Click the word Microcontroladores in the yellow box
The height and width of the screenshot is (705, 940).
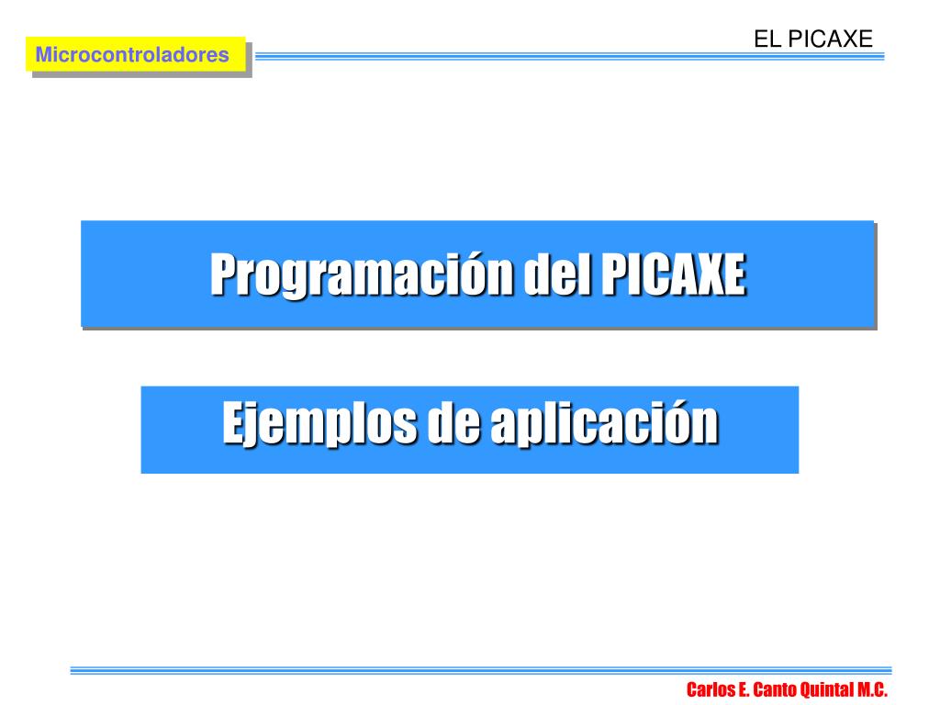[x=132, y=54]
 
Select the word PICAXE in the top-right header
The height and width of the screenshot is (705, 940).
[x=830, y=39]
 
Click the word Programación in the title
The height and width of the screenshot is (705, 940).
[x=362, y=274]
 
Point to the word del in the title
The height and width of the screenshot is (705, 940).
[x=557, y=274]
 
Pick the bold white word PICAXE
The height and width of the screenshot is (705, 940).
[x=673, y=274]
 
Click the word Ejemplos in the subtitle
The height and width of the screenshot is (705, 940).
[x=319, y=424]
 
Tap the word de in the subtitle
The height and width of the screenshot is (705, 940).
[x=453, y=422]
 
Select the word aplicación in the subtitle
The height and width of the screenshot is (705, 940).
[x=604, y=422]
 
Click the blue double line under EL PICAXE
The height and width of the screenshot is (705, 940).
[x=569, y=56]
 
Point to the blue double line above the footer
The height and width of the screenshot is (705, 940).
[x=481, y=670]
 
